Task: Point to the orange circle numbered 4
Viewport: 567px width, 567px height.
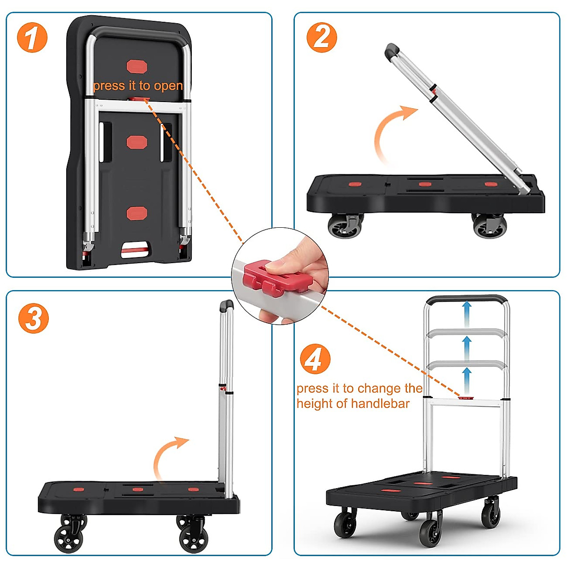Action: tap(315, 359)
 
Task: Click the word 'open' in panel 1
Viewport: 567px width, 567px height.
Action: tap(168, 86)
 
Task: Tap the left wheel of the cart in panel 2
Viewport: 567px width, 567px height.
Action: tap(344, 226)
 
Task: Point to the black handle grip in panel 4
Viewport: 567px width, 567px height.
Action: tap(467, 300)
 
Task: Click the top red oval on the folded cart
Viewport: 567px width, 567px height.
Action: tap(137, 67)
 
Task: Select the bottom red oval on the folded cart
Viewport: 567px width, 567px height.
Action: tap(137, 213)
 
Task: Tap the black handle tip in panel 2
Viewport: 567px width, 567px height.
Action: tap(392, 51)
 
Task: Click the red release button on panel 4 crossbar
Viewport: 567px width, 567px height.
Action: tap(466, 398)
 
